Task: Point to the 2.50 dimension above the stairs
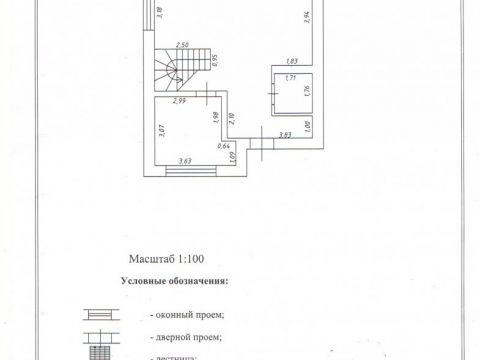click(182, 46)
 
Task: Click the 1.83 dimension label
click(293, 61)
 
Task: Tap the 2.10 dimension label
click(232, 122)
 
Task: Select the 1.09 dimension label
click(232, 156)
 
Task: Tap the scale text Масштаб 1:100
click(165, 257)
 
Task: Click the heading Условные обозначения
click(173, 281)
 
